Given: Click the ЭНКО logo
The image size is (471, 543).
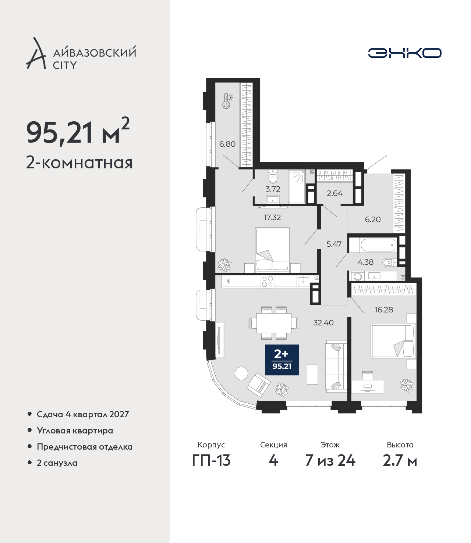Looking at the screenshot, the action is click(x=404, y=53).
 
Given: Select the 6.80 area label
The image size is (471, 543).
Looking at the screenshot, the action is click(x=227, y=144).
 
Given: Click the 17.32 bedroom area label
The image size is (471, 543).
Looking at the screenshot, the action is click(x=272, y=217).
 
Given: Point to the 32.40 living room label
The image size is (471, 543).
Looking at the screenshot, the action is click(x=323, y=322).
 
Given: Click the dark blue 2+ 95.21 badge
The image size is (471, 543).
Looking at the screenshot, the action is click(x=282, y=360).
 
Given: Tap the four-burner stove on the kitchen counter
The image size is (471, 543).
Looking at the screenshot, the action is click(x=268, y=282).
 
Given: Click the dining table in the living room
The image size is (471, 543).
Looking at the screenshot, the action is click(x=274, y=323).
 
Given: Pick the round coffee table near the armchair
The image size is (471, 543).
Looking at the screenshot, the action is click(x=241, y=373).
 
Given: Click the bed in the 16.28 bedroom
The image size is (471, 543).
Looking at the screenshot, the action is click(x=393, y=341).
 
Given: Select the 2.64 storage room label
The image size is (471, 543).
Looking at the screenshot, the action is click(x=334, y=193).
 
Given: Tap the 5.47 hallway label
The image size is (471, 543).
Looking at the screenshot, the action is click(x=334, y=244).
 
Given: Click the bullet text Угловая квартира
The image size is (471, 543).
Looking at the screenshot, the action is click(x=75, y=431).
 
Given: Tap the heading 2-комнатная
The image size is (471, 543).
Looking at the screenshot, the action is click(x=79, y=163).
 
